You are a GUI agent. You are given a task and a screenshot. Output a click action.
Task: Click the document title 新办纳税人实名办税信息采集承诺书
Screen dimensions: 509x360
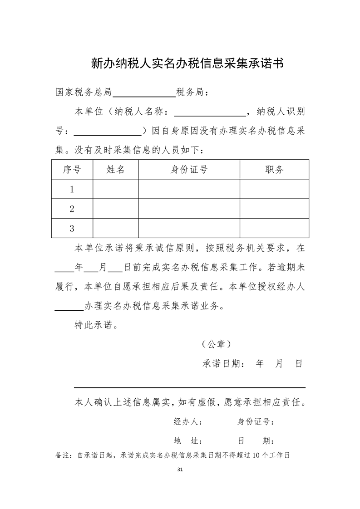click(187, 63)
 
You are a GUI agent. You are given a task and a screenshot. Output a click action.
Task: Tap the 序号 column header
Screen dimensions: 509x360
click(72, 170)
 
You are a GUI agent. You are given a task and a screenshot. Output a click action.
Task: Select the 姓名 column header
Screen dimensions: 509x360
click(115, 170)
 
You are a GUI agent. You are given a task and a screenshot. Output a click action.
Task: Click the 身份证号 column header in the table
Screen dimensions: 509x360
click(189, 170)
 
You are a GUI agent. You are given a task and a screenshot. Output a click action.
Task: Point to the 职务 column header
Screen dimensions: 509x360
click(274, 170)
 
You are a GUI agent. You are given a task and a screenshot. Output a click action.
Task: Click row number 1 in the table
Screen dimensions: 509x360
click(72, 190)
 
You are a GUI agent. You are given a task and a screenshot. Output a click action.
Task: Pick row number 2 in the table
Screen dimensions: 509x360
click(72, 209)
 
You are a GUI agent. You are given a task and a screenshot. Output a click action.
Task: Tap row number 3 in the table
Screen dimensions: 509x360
click(72, 229)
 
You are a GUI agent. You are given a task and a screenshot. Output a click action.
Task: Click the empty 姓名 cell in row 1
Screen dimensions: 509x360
click(115, 190)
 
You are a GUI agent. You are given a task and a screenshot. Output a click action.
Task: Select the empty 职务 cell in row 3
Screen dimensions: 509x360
click(274, 229)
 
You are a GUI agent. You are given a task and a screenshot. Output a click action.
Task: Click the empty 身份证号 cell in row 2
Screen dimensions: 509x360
click(189, 209)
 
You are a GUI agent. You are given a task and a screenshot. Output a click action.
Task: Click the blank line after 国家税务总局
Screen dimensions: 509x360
click(144, 93)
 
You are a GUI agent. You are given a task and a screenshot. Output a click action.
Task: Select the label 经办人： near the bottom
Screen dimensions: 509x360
click(188, 422)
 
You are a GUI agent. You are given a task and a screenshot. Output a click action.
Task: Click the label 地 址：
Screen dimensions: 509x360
click(188, 441)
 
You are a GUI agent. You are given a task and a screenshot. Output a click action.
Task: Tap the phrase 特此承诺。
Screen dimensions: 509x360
click(94, 325)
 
